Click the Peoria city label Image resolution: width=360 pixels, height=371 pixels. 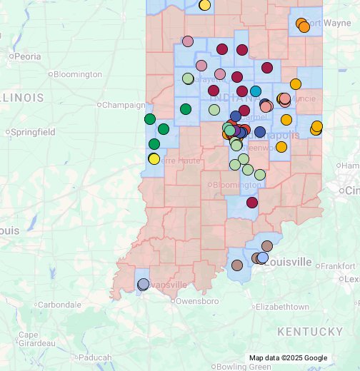click(27, 56)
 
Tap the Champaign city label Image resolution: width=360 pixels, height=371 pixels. click(123, 105)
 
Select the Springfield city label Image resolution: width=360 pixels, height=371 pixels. click(32, 132)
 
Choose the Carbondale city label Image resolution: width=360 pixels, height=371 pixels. click(59, 305)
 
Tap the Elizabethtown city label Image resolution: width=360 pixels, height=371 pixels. click(282, 307)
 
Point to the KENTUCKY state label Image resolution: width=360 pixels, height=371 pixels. click(310, 332)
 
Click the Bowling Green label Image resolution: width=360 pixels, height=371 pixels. click(245, 366)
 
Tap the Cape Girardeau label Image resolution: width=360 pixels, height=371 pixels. click(29, 339)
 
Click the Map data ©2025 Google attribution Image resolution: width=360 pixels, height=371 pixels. click(288, 358)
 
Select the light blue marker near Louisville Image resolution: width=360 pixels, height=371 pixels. click(263, 258)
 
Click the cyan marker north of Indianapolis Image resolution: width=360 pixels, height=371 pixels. click(255, 91)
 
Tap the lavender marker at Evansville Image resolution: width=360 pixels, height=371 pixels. click(143, 284)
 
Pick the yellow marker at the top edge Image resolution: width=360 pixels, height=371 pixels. click(205, 5)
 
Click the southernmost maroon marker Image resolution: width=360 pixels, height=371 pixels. click(251, 203)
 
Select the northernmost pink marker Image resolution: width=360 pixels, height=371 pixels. click(188, 41)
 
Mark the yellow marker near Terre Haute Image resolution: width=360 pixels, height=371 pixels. click(154, 158)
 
